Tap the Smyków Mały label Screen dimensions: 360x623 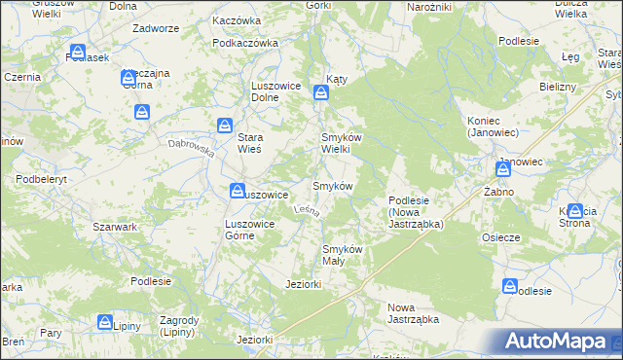343,255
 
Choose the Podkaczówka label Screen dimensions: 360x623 245,43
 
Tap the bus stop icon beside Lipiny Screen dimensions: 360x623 104,323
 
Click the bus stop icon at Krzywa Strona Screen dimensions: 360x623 575,211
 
